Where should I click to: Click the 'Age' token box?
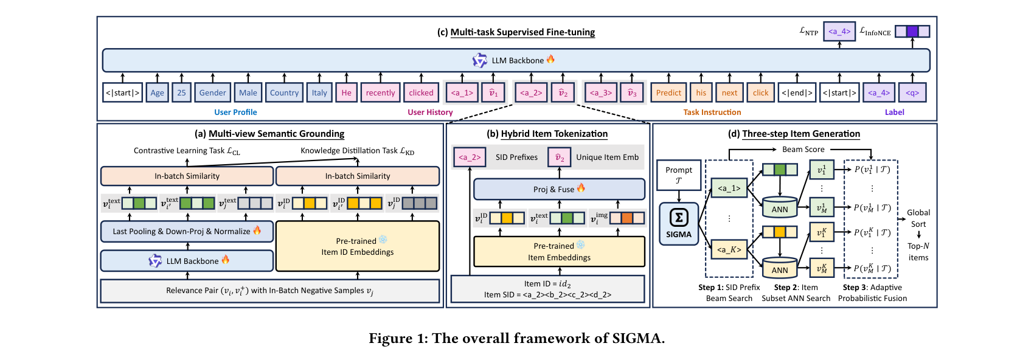157,92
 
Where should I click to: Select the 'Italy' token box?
319,92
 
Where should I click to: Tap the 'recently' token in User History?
380,92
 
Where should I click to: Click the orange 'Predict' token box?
668,92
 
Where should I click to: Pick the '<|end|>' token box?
797,92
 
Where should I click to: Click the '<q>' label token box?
912,92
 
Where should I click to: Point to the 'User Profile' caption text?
235,112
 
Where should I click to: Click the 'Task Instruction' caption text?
712,112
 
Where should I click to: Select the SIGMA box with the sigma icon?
679,224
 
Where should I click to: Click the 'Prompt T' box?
679,175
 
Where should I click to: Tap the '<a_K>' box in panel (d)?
729,249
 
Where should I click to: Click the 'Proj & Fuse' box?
559,189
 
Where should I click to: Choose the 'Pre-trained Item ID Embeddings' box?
358,246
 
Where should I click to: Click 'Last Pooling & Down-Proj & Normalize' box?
187,231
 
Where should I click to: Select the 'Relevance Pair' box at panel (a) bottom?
269,291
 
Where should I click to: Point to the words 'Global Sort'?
918,218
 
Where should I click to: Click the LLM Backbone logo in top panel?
480,60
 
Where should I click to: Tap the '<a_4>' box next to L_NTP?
839,31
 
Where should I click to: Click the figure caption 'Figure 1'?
516,338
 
